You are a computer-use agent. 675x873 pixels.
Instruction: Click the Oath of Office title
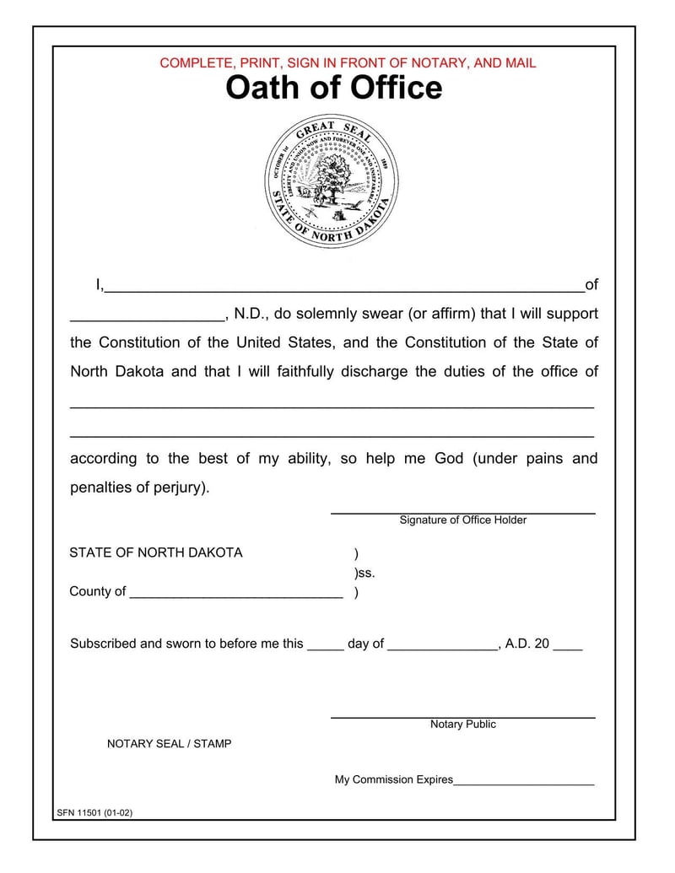pyautogui.click(x=333, y=88)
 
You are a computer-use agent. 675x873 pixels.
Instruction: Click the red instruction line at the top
pyautogui.click(x=348, y=63)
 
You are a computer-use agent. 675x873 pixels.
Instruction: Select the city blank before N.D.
pyautogui.click(x=147, y=316)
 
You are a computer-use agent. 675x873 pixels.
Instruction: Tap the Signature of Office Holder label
pyautogui.click(x=462, y=520)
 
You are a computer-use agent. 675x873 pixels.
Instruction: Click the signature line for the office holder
pyautogui.click(x=462, y=511)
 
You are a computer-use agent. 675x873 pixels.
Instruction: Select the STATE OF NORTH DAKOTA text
pyautogui.click(x=155, y=552)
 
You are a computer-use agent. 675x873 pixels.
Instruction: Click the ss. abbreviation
pyautogui.click(x=365, y=573)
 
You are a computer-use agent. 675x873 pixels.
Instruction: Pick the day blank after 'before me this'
pyautogui.click(x=325, y=646)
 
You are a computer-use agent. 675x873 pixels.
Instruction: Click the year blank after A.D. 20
pyautogui.click(x=568, y=646)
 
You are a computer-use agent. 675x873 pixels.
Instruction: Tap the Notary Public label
pyautogui.click(x=462, y=725)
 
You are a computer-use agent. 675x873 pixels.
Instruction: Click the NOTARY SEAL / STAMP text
pyautogui.click(x=169, y=744)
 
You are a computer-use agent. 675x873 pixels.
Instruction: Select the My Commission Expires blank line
pyautogui.click(x=523, y=782)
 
